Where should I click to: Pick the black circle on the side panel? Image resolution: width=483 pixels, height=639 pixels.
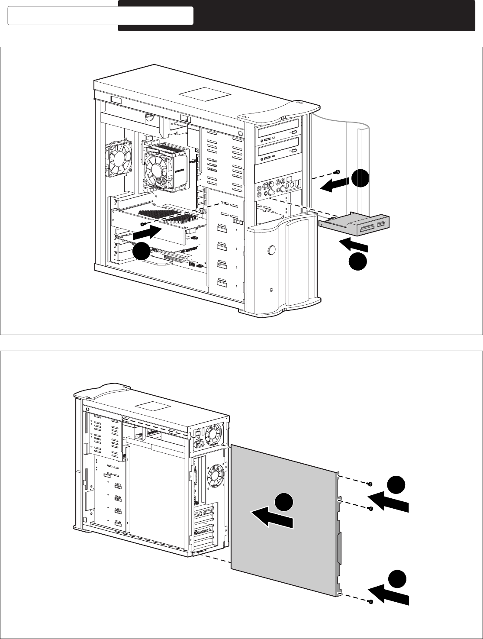(284, 502)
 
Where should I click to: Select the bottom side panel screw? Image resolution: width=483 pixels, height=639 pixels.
(370, 602)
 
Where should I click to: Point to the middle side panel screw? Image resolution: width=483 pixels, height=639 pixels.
(370, 509)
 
